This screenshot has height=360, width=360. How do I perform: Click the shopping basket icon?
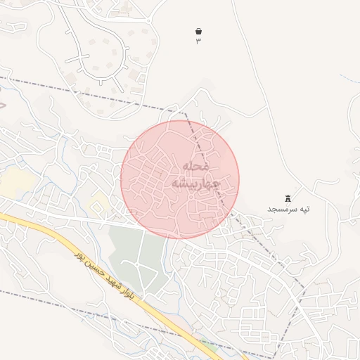click(198, 32)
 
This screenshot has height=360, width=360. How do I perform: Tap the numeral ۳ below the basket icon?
click(198, 41)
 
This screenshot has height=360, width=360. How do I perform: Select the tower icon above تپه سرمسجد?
click(288, 199)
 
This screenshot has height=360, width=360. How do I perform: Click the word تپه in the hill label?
click(304, 210)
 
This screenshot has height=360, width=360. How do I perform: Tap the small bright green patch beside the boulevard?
click(208, 346)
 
